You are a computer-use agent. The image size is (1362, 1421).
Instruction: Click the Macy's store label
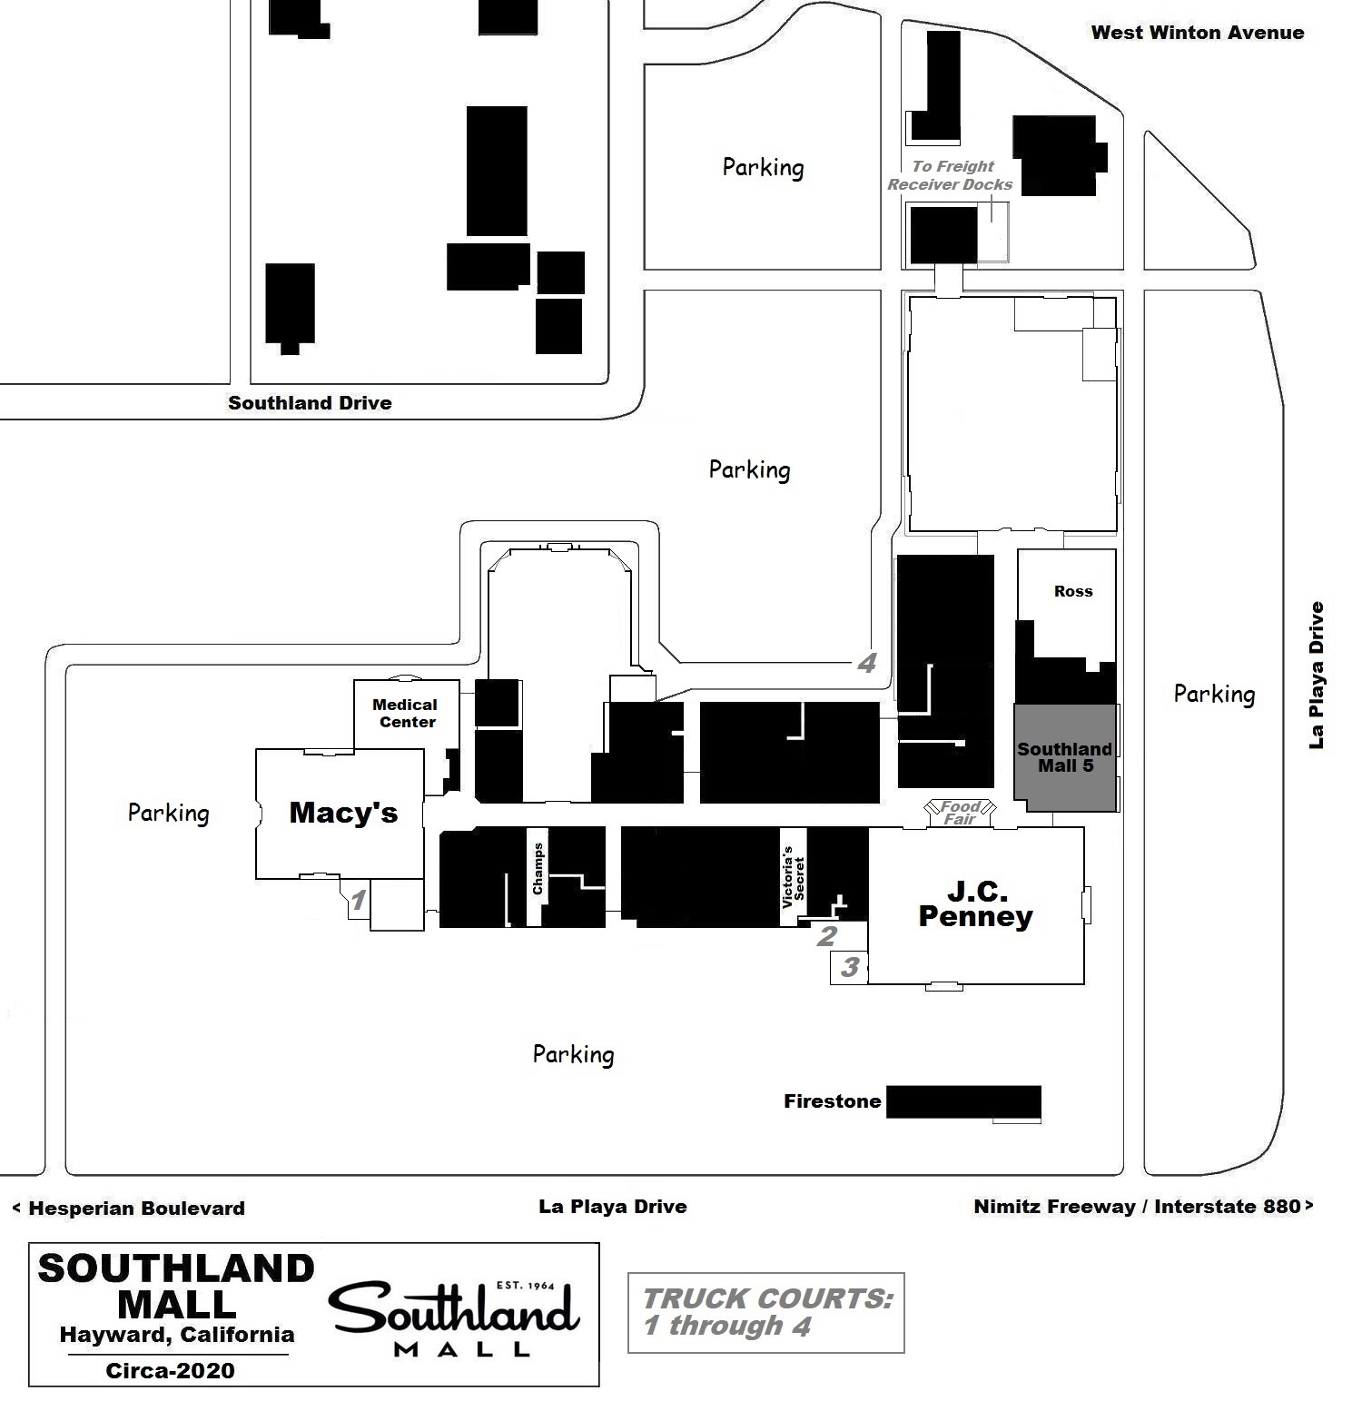[343, 813]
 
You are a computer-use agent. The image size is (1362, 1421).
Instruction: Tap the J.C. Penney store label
[975, 903]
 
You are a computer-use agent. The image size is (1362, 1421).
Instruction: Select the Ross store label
[1073, 591]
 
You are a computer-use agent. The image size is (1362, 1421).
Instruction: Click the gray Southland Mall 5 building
[1065, 757]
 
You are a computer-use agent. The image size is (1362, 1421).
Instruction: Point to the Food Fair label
[960, 812]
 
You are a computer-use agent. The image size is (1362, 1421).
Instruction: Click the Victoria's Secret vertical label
[793, 877]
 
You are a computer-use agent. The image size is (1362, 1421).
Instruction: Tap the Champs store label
[538, 869]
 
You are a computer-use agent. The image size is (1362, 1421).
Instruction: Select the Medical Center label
[406, 714]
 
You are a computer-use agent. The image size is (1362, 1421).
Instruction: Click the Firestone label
[833, 1101]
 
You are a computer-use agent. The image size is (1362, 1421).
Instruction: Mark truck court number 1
[359, 901]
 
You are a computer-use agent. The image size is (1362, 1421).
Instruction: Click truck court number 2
[826, 936]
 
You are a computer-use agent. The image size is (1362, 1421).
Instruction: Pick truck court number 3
[850, 967]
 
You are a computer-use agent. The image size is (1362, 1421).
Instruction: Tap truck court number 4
[867, 664]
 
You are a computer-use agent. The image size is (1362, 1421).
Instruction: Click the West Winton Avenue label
[1197, 33]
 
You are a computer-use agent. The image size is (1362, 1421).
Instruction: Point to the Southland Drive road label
[310, 403]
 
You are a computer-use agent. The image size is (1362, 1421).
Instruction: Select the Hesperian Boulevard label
[129, 1209]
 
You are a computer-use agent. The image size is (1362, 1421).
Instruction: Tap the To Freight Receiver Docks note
[951, 175]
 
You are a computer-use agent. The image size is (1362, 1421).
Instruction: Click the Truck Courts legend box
[765, 1313]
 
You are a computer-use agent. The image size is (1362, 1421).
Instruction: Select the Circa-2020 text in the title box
[170, 1371]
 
